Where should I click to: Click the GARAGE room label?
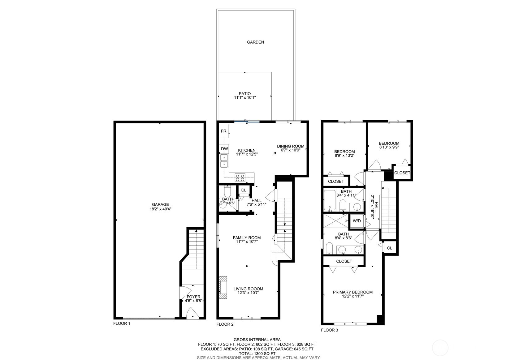[x=160, y=204]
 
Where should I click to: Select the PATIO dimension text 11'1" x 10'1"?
[x=244, y=97]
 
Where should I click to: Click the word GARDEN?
[x=255, y=42]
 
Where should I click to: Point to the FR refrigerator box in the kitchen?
[x=223, y=131]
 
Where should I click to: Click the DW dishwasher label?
[x=224, y=149]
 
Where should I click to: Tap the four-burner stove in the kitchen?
[x=240, y=178]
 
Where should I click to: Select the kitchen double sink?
[x=224, y=161]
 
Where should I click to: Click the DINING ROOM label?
[x=291, y=146]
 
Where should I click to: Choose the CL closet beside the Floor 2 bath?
[x=244, y=190]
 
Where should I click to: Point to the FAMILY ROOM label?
[x=247, y=238]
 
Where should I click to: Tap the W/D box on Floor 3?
[x=357, y=221]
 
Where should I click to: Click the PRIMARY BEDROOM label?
[x=352, y=292]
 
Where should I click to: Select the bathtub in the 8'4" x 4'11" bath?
[x=330, y=200]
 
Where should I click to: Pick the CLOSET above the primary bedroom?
[x=344, y=261]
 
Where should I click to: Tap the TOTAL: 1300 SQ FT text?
[x=255, y=353]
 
